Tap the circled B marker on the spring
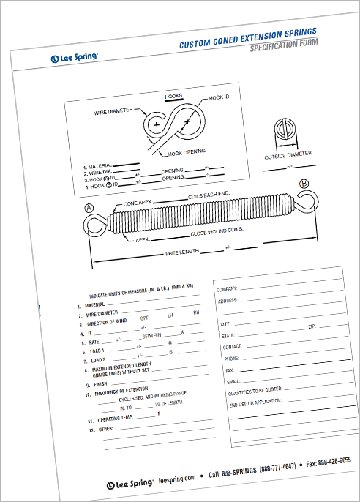304,184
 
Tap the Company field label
227,290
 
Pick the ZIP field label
312,325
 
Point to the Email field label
233,381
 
